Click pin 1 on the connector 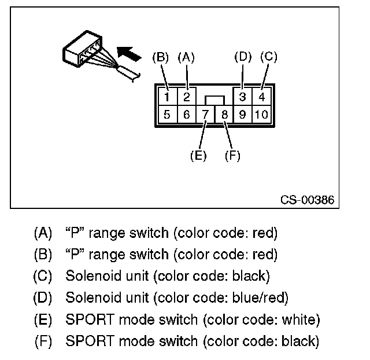pyautogui.click(x=166, y=96)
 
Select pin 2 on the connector pyautogui.click(x=186, y=96)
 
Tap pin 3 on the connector pyautogui.click(x=243, y=96)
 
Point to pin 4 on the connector pyautogui.click(x=262, y=96)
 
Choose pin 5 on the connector pyautogui.click(x=166, y=114)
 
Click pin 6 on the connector pyautogui.click(x=186, y=114)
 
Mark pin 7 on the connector pyautogui.click(x=205, y=114)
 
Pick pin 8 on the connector pyautogui.click(x=224, y=114)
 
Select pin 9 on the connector pyautogui.click(x=243, y=114)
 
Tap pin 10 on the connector pyautogui.click(x=262, y=114)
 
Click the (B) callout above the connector pyautogui.click(x=160, y=57)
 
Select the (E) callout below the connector pyautogui.click(x=198, y=156)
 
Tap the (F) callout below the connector pyautogui.click(x=231, y=156)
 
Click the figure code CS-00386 pyautogui.click(x=307, y=200)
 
